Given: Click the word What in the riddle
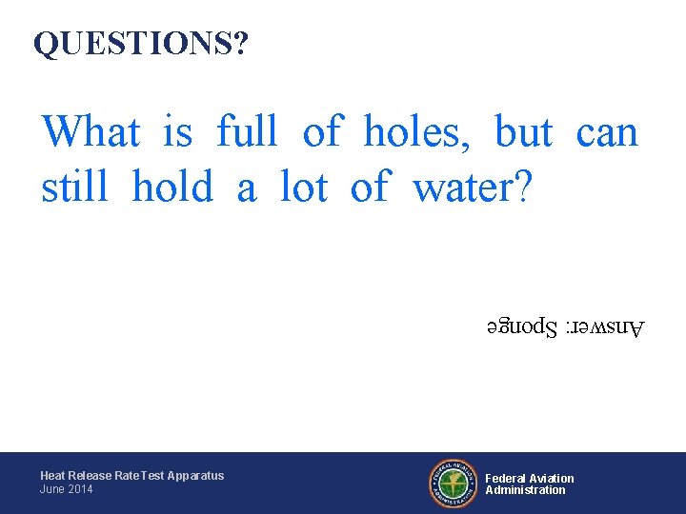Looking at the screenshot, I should [x=91, y=131].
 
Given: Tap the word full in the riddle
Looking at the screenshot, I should [x=247, y=131].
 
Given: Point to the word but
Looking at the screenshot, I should [x=523, y=131].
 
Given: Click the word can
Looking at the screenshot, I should [x=607, y=131].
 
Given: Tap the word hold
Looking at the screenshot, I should [x=172, y=187].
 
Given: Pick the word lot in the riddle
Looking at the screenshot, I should [x=304, y=187].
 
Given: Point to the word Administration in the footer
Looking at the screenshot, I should [x=525, y=490].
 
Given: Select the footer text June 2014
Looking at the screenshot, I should [x=67, y=489].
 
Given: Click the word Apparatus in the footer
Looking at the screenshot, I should [x=194, y=476].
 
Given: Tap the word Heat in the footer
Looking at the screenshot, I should [x=51, y=476].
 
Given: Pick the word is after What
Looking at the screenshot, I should [x=178, y=131].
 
